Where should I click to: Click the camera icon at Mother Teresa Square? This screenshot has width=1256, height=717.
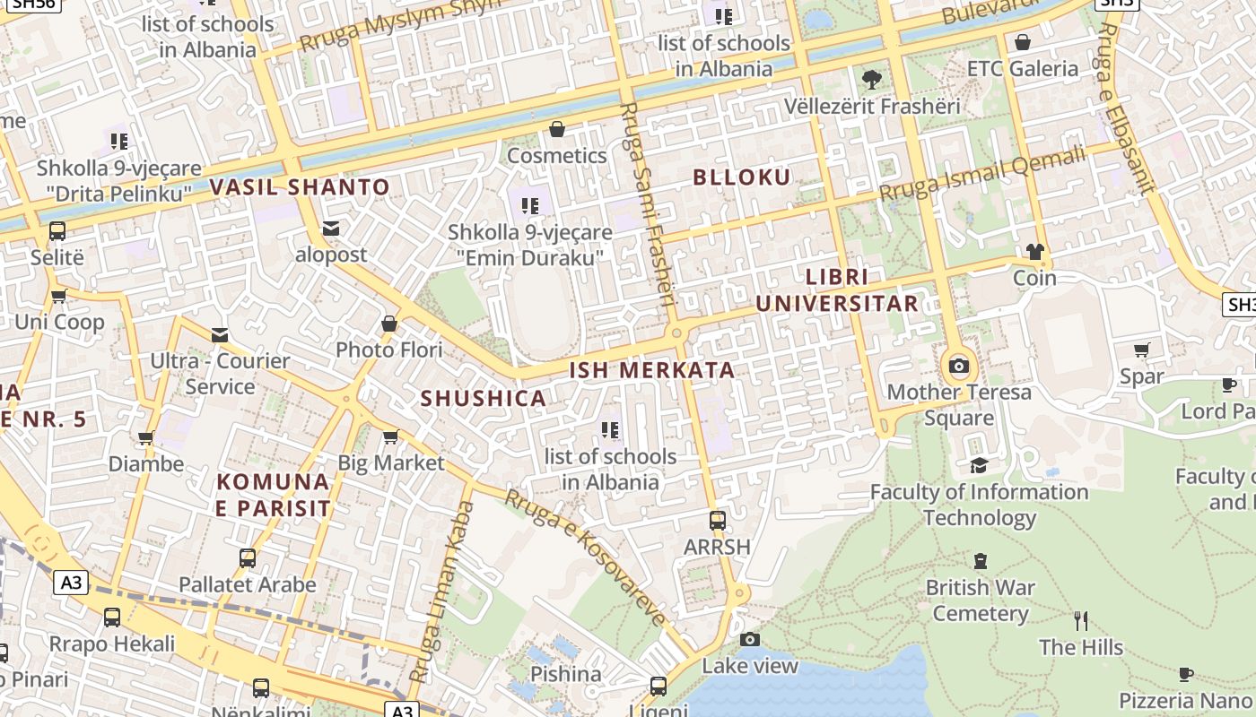pyautogui.click(x=959, y=366)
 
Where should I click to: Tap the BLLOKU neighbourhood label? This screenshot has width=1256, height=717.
pyautogui.click(x=742, y=177)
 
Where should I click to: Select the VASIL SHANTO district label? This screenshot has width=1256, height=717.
pyautogui.click(x=300, y=187)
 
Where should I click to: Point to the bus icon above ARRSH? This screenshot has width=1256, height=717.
pyautogui.click(x=717, y=520)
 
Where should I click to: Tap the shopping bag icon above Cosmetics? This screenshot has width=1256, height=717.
pyautogui.click(x=557, y=130)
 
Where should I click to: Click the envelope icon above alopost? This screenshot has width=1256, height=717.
pyautogui.click(x=332, y=229)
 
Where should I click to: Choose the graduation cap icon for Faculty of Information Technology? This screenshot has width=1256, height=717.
pyautogui.click(x=979, y=465)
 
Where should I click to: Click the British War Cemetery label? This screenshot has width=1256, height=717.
pyautogui.click(x=981, y=600)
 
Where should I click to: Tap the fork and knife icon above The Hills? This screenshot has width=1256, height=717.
pyautogui.click(x=1081, y=620)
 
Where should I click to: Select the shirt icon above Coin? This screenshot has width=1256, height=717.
pyautogui.click(x=1035, y=252)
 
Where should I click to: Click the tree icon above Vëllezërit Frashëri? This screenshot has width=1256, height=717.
pyautogui.click(x=871, y=80)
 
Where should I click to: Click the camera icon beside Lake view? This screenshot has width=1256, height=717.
pyautogui.click(x=750, y=639)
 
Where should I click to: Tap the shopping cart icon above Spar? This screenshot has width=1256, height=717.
pyautogui.click(x=1141, y=350)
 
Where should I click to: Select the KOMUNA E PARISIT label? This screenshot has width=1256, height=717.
pyautogui.click(x=274, y=495)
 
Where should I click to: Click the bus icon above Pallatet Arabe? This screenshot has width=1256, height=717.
pyautogui.click(x=248, y=558)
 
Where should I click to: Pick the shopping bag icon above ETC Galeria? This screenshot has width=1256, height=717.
pyautogui.click(x=1022, y=42)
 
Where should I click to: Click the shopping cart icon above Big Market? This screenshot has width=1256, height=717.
pyautogui.click(x=390, y=437)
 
